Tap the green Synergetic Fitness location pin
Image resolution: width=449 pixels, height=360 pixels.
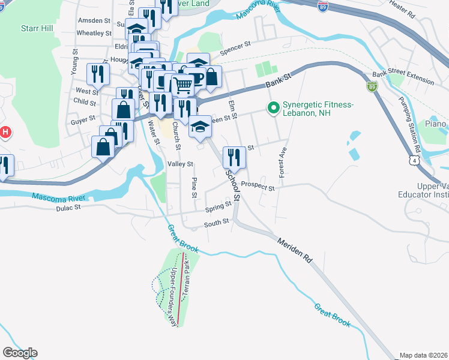click(x=273, y=109)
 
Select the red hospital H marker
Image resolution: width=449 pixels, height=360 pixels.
click(x=5, y=132)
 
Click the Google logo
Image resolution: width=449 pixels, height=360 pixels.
click(x=19, y=353)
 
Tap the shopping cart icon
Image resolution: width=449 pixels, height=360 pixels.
click(x=182, y=86)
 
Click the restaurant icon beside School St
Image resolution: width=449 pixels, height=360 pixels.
click(x=234, y=157)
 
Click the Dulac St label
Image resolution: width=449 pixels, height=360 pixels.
click(x=68, y=208)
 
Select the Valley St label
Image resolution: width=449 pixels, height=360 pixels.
click(x=180, y=164)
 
